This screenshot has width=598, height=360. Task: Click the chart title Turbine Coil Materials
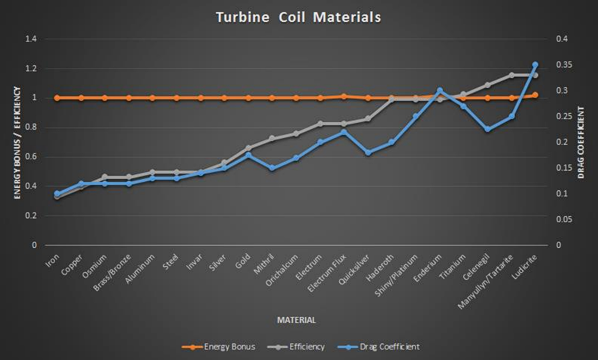[298, 17]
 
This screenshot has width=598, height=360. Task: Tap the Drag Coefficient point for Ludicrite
[535, 65]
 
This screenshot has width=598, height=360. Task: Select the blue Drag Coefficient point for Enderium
[439, 90]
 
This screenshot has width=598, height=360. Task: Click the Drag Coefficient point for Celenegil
[488, 129]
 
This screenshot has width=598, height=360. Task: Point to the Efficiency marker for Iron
[57, 196]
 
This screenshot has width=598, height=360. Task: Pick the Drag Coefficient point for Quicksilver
[368, 153]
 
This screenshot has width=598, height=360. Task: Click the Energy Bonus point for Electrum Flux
[344, 96]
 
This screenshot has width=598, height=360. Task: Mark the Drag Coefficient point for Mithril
[272, 168]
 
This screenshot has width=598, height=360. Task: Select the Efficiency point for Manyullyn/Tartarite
[511, 75]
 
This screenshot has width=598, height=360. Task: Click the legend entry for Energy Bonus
[219, 347]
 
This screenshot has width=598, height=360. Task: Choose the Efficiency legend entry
[296, 347]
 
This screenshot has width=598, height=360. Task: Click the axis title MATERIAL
[296, 320]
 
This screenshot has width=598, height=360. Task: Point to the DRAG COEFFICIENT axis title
[581, 142]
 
